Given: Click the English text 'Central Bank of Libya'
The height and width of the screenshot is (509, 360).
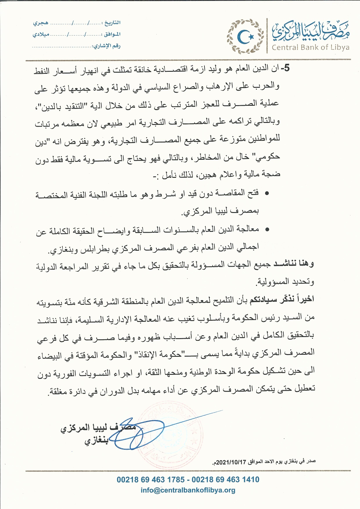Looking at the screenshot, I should pyautogui.click(x=310, y=47).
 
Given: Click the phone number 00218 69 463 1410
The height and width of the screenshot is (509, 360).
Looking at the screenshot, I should pyautogui.click(x=226, y=480).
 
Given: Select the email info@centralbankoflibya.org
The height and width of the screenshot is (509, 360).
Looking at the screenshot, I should pyautogui.click(x=188, y=490).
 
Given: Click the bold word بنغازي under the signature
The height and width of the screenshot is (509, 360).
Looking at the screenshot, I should pyautogui.click(x=96, y=440).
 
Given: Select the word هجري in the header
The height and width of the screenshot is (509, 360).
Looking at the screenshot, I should pyautogui.click(x=41, y=23).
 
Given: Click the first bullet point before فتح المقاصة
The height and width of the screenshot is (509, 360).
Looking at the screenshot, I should pyautogui.click(x=267, y=193).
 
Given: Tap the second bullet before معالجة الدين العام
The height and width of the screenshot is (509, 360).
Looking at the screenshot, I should pyautogui.click(x=267, y=230).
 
